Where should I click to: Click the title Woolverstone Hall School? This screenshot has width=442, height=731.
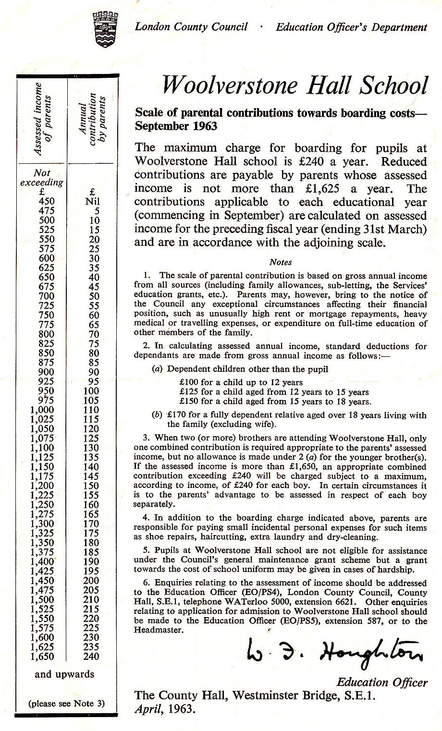(x=295, y=85)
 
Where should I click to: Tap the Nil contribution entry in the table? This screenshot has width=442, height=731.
(x=92, y=201)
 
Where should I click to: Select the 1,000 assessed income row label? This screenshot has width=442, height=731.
(x=42, y=410)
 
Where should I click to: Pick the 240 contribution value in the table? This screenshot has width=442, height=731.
(x=91, y=657)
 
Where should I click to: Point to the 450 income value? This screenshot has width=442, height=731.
(x=46, y=201)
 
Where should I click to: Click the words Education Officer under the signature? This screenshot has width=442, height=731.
(x=381, y=682)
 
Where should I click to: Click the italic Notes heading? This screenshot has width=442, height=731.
(x=281, y=262)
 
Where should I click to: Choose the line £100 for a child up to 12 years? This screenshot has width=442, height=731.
(x=241, y=382)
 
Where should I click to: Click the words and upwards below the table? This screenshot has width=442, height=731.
(x=64, y=674)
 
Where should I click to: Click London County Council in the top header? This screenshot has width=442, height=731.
(x=191, y=27)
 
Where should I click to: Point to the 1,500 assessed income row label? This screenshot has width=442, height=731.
(x=42, y=599)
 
